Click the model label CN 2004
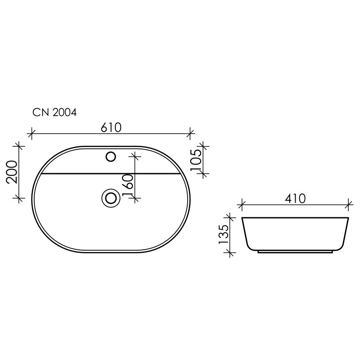point(54,112)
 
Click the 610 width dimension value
point(111,128)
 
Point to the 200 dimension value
point(12,172)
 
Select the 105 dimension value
point(196,160)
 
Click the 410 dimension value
point(295,198)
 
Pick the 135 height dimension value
point(224,234)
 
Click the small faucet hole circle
point(111,157)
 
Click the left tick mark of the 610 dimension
point(31,133)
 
